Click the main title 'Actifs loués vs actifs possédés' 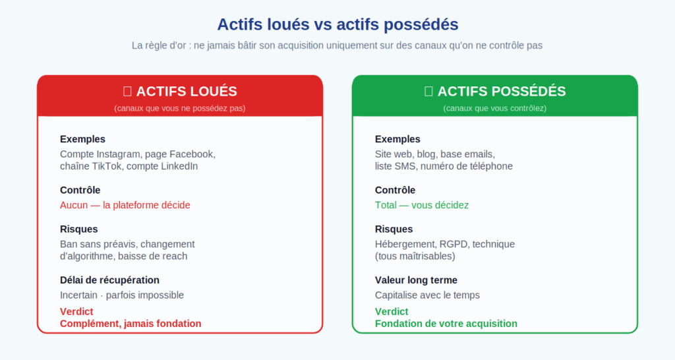[337, 24]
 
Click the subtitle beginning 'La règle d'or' [337, 45]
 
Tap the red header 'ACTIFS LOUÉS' [187, 92]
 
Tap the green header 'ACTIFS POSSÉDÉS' [502, 92]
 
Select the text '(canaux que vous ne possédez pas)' [180, 107]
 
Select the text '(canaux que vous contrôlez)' [495, 107]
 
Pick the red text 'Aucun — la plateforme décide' [125, 205]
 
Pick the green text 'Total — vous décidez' [422, 205]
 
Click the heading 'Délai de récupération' [109, 280]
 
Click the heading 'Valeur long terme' [416, 280]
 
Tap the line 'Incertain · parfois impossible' [122, 295]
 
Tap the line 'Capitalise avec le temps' [427, 295]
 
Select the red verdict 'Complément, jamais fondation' [131, 324]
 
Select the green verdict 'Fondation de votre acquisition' [446, 324]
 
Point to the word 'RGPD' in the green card [453, 244]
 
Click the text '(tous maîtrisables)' [415, 256]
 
